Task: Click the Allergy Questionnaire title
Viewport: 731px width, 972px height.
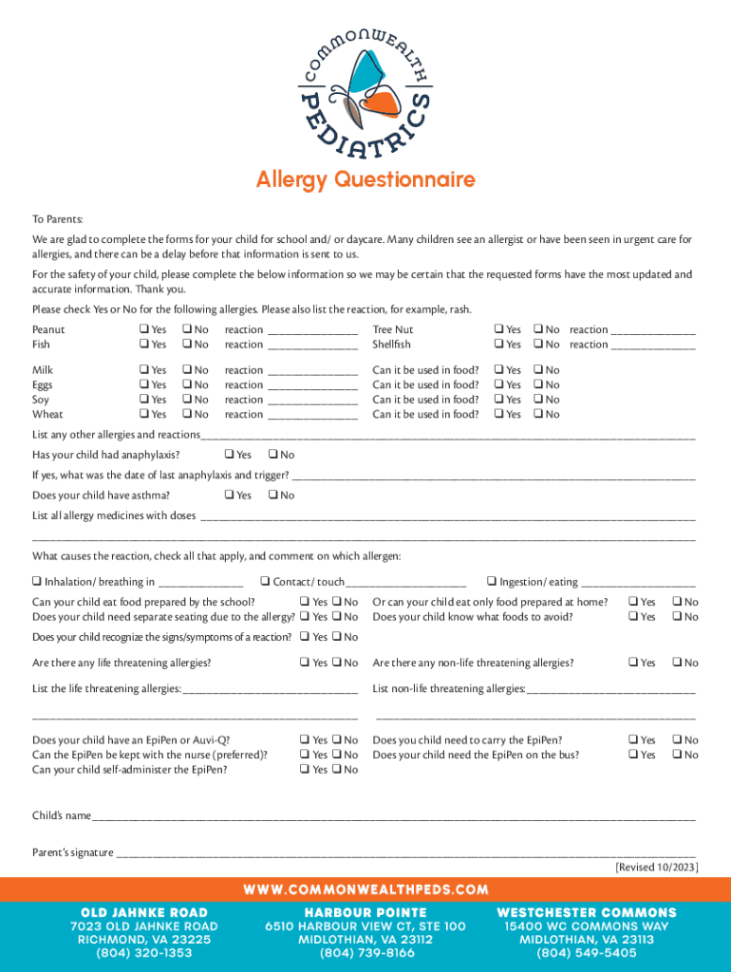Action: click(x=365, y=179)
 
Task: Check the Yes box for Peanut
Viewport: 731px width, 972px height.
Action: click(x=143, y=330)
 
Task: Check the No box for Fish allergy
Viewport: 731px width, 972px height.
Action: click(x=187, y=345)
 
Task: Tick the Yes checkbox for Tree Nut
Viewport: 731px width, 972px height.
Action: click(x=497, y=330)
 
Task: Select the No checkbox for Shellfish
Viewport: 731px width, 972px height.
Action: click(x=537, y=345)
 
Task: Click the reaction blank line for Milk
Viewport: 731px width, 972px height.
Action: click(x=312, y=371)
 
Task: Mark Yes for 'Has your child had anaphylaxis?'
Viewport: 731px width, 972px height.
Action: click(x=229, y=455)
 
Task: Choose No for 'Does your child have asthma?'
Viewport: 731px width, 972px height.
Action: click(x=272, y=495)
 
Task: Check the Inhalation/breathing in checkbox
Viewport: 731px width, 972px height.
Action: click(x=36, y=582)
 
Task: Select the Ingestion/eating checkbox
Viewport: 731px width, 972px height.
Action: click(x=491, y=582)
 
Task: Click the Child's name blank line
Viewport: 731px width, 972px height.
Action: click(x=393, y=817)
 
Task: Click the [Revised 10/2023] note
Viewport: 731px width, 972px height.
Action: click(x=657, y=868)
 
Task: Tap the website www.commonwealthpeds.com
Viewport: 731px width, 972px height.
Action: click(x=365, y=890)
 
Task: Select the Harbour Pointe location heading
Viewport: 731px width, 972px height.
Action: click(x=365, y=912)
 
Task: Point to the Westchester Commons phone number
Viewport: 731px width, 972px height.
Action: click(x=587, y=953)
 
